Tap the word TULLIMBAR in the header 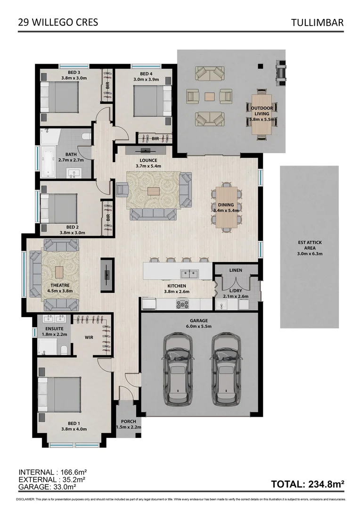click(317, 22)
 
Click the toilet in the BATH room click(86, 137)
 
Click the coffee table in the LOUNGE click(154, 191)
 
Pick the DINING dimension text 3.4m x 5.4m click(227, 211)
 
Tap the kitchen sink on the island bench click(189, 272)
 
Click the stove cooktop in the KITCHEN click(182, 304)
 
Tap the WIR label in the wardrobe click(89, 337)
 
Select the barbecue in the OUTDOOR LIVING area click(281, 71)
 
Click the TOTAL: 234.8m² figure click(308, 484)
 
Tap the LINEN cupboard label click(235, 270)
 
